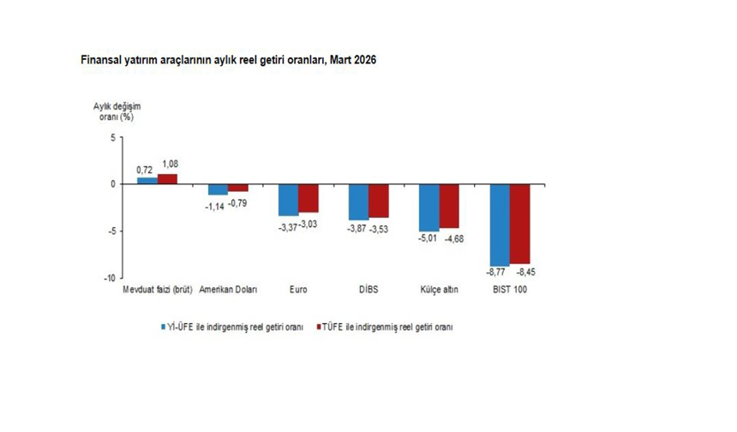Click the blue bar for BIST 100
[500, 225]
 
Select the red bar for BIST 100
[520, 224]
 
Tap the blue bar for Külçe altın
[429, 207]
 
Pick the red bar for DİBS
[379, 201]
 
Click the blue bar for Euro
[288, 200]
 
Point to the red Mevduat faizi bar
[167, 179]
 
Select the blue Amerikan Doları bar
[218, 189]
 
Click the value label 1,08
[171, 164]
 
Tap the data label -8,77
[496, 273]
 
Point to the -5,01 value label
[428, 238]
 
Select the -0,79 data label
[237, 203]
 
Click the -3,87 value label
[357, 229]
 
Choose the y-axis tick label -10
[110, 279]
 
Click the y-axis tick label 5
[113, 138]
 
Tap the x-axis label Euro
[298, 290]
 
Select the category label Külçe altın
[439, 290]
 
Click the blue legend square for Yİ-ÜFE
[163, 327]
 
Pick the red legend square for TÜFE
[318, 327]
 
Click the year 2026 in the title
[365, 60]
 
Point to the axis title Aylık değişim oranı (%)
[117, 111]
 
